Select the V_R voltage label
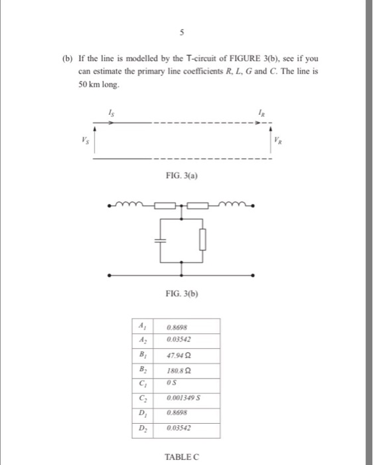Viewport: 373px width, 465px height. click(277, 141)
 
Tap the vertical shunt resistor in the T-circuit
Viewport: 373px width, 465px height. click(203, 240)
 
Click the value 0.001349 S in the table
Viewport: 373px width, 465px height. click(183, 401)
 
